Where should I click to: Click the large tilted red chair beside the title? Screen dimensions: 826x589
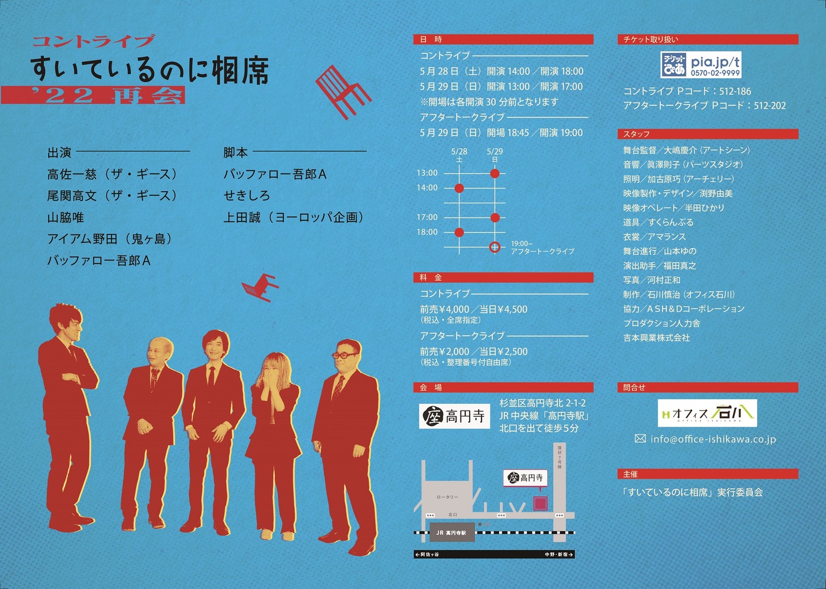[x=343, y=92]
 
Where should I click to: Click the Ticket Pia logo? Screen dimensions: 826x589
[x=701, y=65]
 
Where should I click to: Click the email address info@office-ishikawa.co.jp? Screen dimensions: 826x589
[x=713, y=439]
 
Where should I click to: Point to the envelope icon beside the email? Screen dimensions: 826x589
[x=640, y=438]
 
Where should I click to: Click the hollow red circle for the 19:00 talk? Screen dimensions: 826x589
[x=495, y=247]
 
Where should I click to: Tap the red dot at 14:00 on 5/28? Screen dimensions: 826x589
[x=459, y=188]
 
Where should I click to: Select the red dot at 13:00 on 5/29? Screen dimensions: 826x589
[x=495, y=173]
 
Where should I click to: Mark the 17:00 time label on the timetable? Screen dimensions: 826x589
[x=427, y=217]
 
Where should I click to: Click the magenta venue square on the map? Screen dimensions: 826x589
[x=541, y=503]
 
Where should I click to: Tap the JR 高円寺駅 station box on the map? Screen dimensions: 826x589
[x=452, y=532]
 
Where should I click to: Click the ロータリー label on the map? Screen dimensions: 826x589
[x=448, y=497]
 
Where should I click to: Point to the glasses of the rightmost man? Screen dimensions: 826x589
[x=345, y=356]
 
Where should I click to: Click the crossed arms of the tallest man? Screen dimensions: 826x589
[x=74, y=378]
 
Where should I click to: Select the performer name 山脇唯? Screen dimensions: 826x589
[x=65, y=217]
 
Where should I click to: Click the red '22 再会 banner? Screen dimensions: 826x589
[x=93, y=95]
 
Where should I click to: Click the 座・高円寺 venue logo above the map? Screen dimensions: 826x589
[x=454, y=416]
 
